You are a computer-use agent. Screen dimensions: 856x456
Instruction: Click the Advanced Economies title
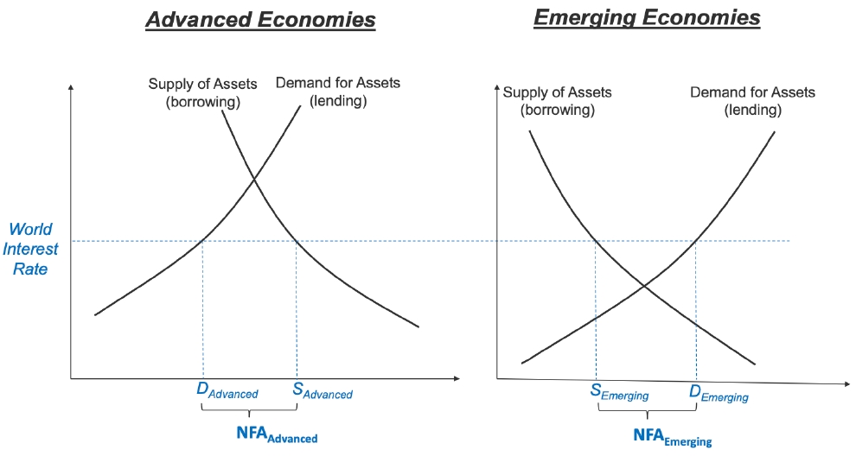pyautogui.click(x=260, y=20)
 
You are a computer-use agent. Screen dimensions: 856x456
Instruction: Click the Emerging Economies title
pyautogui.click(x=647, y=18)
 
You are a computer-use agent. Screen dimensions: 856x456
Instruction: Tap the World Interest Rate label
pyautogui.click(x=30, y=249)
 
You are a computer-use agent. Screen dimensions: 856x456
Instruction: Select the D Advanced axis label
pyautogui.click(x=227, y=391)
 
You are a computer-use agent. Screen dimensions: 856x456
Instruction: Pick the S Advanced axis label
pyautogui.click(x=323, y=391)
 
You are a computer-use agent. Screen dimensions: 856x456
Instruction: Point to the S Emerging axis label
pyautogui.click(x=620, y=393)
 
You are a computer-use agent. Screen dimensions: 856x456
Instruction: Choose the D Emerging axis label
pyautogui.click(x=719, y=394)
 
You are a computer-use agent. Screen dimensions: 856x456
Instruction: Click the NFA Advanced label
pyautogui.click(x=277, y=434)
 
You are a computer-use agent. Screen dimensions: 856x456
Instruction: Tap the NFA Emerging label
pyautogui.click(x=673, y=438)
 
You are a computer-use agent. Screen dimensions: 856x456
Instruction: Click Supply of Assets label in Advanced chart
pyautogui.click(x=202, y=92)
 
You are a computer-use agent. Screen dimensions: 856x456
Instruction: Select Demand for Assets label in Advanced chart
pyautogui.click(x=338, y=92)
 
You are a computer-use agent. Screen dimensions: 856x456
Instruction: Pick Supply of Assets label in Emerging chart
pyautogui.click(x=558, y=101)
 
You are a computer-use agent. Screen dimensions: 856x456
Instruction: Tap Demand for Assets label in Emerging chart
pyautogui.click(x=753, y=101)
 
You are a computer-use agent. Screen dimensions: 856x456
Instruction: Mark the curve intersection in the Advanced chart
pyautogui.click(x=254, y=180)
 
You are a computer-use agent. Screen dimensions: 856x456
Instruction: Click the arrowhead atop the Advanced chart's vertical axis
pyautogui.click(x=70, y=86)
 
